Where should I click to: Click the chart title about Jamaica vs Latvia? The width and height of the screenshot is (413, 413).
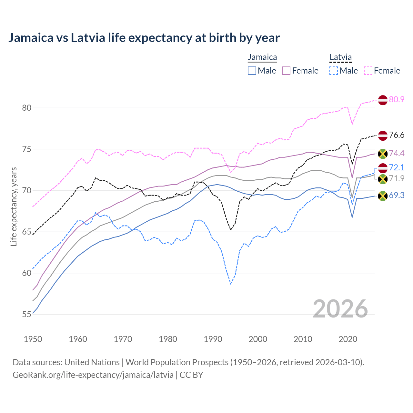pos(144,38)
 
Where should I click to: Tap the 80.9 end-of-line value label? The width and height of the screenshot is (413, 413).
pos(397,99)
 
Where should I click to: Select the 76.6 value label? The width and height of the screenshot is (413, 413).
pos(397,135)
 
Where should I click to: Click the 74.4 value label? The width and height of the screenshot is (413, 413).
pos(397,153)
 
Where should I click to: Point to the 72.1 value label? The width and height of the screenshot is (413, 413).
pos(397,167)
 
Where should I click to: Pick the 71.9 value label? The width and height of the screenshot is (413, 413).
pos(397,178)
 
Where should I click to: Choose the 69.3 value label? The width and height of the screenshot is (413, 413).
pos(397,195)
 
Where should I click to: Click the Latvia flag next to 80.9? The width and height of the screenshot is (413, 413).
pos(383,100)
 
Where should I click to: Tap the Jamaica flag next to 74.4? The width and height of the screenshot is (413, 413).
pos(383,154)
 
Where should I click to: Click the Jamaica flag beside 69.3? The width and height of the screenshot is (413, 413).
pos(383,196)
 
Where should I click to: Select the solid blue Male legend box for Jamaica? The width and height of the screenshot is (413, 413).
pos(252,71)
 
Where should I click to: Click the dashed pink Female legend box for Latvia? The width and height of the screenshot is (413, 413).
pos(368,71)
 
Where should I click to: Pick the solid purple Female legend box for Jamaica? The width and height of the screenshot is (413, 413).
pos(286,71)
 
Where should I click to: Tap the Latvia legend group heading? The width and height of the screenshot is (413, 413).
pos(340,57)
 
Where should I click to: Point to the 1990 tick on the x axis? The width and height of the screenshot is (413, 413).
pos(213,339)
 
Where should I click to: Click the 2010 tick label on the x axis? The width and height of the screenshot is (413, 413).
pos(303,339)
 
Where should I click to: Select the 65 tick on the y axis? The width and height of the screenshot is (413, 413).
pos(26,232)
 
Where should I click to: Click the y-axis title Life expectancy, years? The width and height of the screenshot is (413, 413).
pos(14,206)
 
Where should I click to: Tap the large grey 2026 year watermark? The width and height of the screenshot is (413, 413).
pos(340,309)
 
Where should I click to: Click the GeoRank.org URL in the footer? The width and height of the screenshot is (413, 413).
pos(93,375)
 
